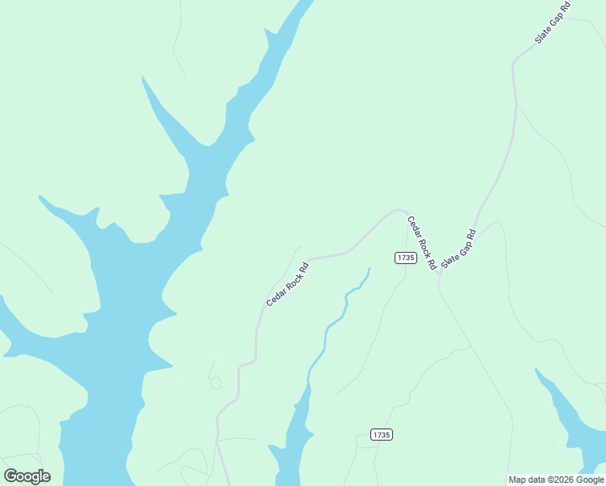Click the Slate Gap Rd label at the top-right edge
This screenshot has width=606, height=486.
point(553,23)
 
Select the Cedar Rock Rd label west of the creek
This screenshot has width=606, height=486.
point(288,283)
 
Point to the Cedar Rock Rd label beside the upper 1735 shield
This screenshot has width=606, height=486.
point(421,242)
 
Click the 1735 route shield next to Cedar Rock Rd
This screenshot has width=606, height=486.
point(406,258)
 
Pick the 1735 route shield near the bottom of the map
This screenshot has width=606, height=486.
point(382,435)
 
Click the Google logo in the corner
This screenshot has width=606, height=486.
point(27,475)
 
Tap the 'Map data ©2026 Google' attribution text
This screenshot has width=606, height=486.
point(556,480)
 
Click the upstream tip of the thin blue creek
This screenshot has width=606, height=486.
point(369,268)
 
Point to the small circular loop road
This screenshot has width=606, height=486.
point(216,383)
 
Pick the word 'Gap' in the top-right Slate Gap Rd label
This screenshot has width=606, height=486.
point(553,22)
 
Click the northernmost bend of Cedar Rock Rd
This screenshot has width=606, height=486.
point(397,211)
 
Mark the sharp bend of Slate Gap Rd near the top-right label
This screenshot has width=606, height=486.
point(514,62)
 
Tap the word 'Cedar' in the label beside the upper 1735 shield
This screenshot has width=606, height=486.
point(415,229)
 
